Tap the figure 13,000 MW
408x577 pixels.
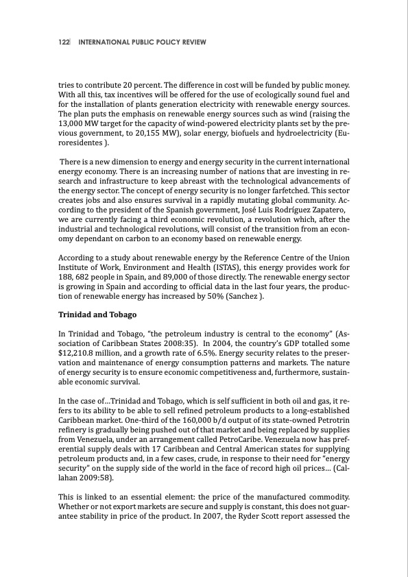tap(79, 123)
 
